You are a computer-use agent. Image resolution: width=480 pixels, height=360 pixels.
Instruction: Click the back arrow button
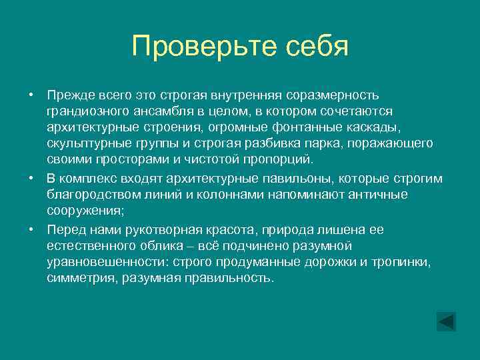[x=446, y=321]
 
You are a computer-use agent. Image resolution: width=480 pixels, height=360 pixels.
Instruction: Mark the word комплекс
[x=88, y=178]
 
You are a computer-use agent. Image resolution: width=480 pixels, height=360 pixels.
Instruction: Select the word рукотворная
[x=147, y=229]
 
